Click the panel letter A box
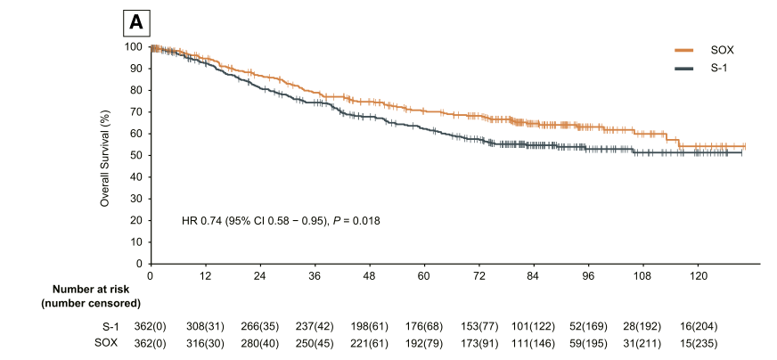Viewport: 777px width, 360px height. (136, 23)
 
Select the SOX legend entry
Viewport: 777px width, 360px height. (704, 50)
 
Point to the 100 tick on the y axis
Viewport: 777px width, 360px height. (137, 46)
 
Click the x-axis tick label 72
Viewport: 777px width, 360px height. (478, 275)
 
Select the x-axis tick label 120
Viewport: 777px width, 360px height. (698, 275)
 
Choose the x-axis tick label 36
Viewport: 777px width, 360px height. (315, 275)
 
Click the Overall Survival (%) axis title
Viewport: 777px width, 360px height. (104, 155)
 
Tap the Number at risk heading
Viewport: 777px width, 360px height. (91, 290)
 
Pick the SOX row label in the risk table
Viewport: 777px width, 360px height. (107, 343)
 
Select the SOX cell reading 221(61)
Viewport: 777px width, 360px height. (369, 343)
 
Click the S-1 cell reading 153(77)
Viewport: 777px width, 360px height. (478, 327)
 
